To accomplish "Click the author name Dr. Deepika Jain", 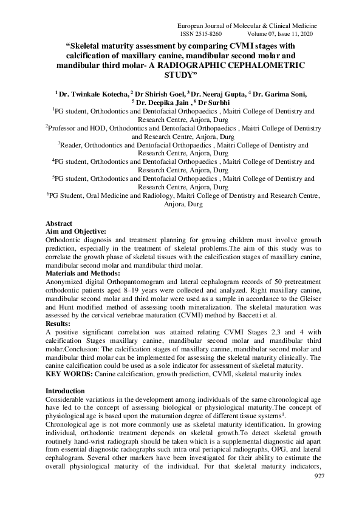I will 159,103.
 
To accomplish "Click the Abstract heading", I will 59,223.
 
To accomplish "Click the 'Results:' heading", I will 61,324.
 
